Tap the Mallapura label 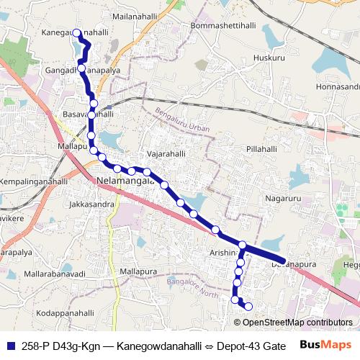pos(138,271)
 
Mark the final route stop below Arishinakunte pos(249,307)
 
